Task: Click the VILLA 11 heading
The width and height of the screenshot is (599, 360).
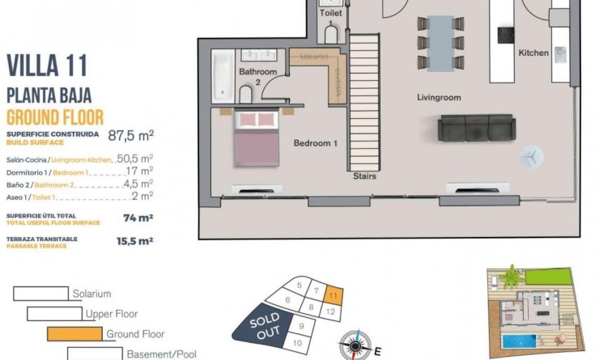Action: (x=47, y=66)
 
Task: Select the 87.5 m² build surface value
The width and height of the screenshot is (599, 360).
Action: (x=131, y=135)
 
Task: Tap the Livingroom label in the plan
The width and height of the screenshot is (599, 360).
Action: (x=439, y=98)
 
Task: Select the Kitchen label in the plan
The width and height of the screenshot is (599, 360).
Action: (x=533, y=53)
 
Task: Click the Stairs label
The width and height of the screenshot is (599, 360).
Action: (x=363, y=175)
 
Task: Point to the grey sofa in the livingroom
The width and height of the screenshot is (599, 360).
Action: (x=476, y=128)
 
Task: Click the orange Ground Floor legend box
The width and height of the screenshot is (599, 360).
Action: (x=74, y=333)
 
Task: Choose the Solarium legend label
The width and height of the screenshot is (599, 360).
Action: (x=91, y=294)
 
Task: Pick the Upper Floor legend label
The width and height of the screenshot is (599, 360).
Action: (x=113, y=314)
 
